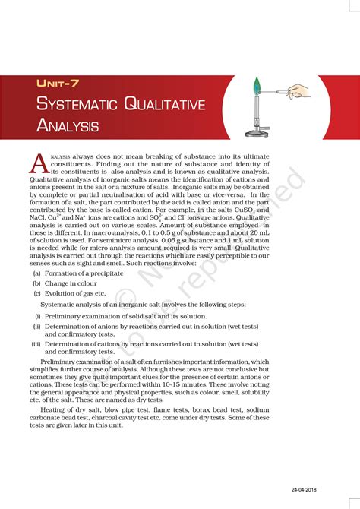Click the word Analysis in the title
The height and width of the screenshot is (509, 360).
click(x=68, y=125)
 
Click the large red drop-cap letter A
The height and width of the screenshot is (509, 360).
click(x=39, y=163)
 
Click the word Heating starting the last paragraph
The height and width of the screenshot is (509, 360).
click(x=53, y=410)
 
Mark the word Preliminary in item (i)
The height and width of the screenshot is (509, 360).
click(x=63, y=315)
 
